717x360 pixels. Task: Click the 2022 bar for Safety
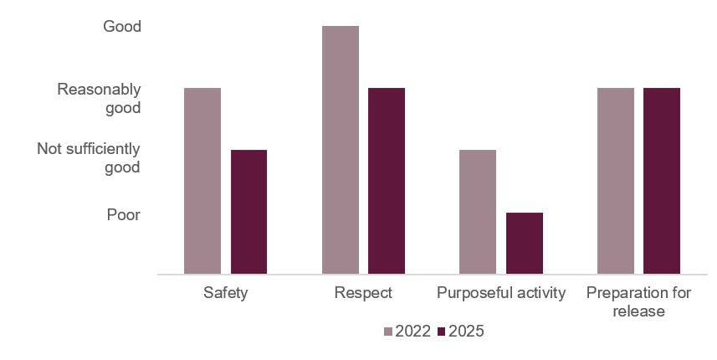point(202,181)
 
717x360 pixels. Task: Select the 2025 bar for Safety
point(248,212)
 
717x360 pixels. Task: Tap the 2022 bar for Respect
point(341,150)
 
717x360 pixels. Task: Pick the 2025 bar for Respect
point(387,181)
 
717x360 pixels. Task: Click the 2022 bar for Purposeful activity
point(478,212)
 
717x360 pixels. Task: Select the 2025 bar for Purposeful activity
point(525,243)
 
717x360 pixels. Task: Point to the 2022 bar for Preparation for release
point(616,181)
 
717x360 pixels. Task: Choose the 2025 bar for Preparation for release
point(662,181)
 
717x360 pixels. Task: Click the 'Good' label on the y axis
point(122,27)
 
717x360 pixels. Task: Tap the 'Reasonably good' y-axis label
point(99,98)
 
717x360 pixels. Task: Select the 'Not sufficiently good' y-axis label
point(89,157)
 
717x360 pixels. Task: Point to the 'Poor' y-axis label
point(123,215)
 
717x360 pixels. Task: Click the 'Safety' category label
point(225,293)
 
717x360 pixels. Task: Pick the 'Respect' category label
point(363,293)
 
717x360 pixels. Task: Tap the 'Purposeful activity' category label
point(501,293)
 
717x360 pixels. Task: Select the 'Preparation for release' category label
point(638,302)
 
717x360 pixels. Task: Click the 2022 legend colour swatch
point(387,332)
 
